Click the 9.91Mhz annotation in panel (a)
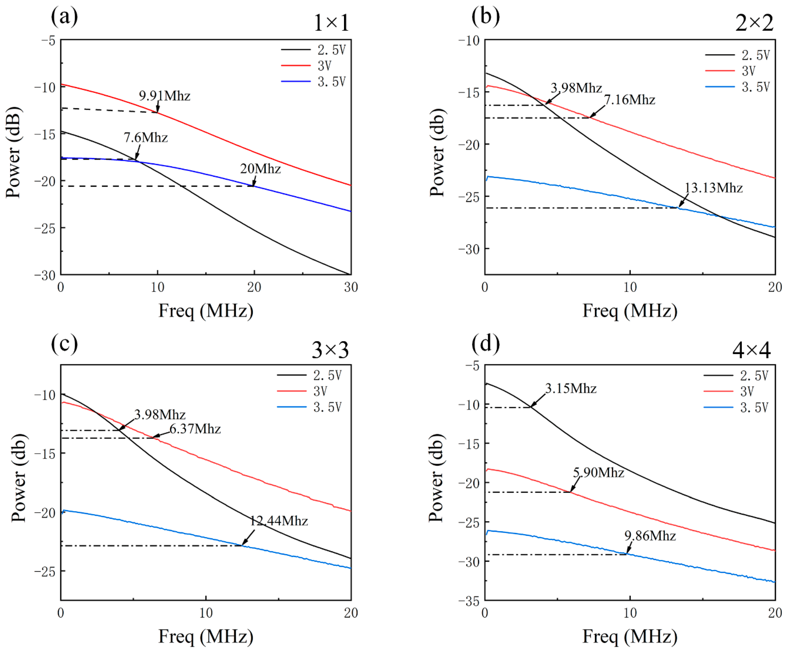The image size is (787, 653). click(x=164, y=96)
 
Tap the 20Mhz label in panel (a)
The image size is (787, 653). click(x=260, y=169)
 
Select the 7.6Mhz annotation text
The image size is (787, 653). click(x=146, y=138)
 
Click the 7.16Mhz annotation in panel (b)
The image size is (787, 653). click(x=630, y=100)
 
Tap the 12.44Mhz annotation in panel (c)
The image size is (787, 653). click(x=279, y=521)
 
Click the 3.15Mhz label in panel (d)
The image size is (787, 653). click(x=570, y=389)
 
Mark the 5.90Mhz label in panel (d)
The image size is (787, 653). click(x=599, y=473)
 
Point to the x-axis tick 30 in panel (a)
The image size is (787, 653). click(x=351, y=287)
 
